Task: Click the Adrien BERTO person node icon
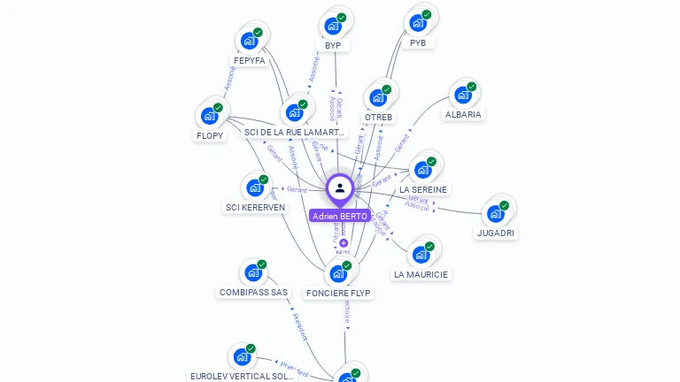pos(340,188)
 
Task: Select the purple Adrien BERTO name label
pos(340,216)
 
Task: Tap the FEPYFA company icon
pos(250,41)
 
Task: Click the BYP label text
pos(333,46)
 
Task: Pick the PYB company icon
pos(418,22)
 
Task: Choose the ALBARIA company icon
pos(463,95)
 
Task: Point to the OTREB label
pos(378,117)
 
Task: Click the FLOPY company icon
pos(210,116)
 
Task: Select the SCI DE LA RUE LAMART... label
pos(295,133)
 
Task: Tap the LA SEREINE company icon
pos(423,170)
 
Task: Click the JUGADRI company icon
pos(496,213)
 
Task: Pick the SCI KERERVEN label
pos(255,208)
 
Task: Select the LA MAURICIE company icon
pos(421,255)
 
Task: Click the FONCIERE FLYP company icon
pos(338,273)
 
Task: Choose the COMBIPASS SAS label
pos(253,293)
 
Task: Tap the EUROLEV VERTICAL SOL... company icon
pos(242,357)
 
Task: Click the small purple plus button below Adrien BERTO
pos(344,242)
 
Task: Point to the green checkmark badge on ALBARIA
pos(472,87)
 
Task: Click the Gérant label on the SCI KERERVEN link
pos(297,190)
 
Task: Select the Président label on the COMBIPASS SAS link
pos(299,326)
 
